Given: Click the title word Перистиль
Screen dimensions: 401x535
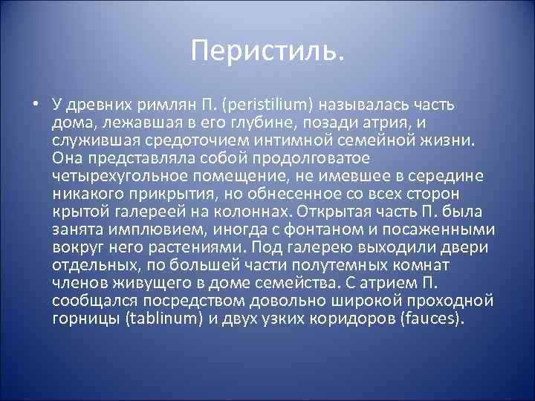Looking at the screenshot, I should click(267, 51).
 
